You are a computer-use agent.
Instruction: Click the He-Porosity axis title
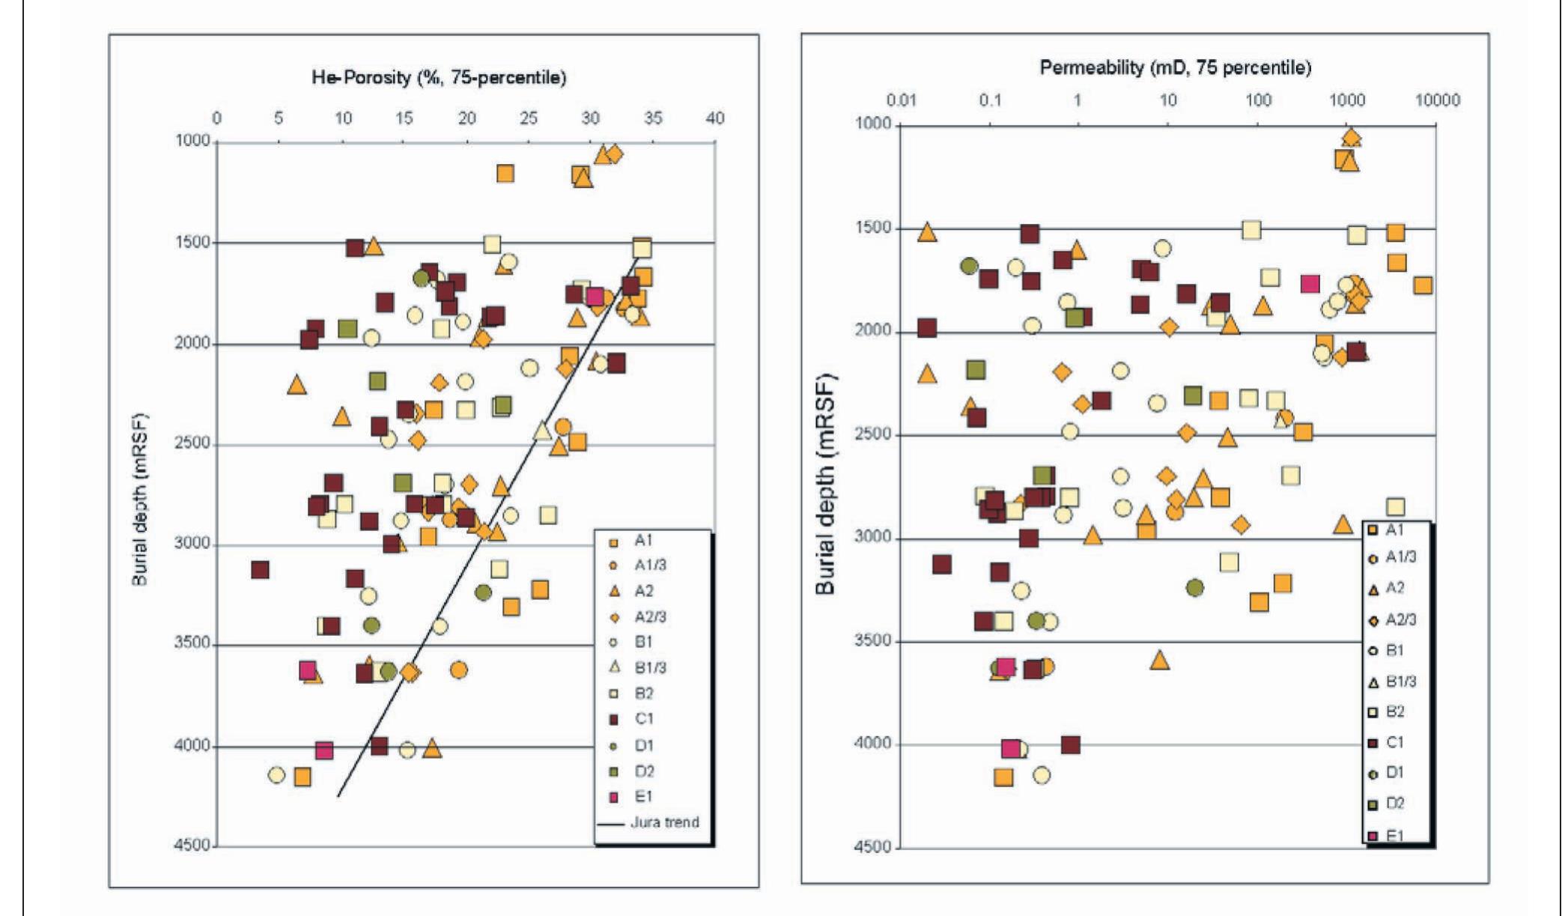pos(439,77)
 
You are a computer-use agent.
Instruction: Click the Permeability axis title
pos(1175,68)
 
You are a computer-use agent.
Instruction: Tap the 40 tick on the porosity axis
pos(715,118)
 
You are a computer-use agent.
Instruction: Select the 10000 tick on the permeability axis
pos(1435,100)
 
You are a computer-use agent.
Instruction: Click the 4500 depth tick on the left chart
pos(192,845)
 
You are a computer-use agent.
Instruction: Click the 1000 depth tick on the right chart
pos(873,123)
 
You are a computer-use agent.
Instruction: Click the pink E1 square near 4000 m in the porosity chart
pos(324,750)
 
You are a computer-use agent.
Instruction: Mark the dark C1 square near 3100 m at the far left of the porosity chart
pos(260,570)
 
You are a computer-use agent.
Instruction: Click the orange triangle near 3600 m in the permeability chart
pos(1159,660)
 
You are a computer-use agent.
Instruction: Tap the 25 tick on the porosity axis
pos(529,118)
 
